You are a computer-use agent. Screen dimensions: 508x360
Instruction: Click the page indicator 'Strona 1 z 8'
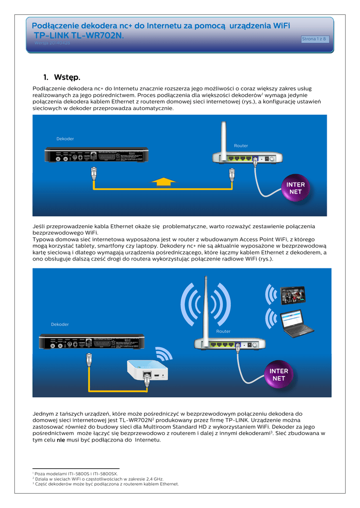[315, 39]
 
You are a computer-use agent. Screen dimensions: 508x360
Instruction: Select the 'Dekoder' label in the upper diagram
[65, 138]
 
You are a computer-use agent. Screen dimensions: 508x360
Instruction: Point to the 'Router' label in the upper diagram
[241, 145]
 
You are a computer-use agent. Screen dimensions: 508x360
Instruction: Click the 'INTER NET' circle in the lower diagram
[279, 375]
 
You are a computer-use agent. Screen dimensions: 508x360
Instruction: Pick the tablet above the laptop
[293, 295]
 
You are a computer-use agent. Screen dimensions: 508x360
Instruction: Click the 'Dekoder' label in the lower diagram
[60, 324]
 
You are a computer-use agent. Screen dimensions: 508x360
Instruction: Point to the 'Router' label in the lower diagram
[223, 331]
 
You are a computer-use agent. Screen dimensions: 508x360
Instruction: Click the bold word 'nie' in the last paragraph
[61, 440]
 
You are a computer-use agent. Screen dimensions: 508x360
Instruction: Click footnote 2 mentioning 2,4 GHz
[99, 479]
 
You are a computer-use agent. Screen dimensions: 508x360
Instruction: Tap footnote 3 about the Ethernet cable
[107, 484]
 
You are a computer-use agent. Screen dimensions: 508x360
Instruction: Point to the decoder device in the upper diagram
[97, 155]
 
